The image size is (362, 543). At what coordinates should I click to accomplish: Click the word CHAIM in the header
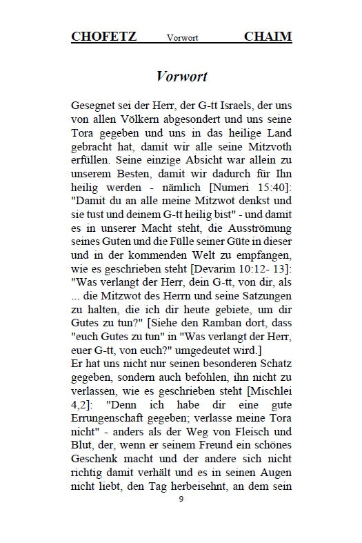tap(268, 37)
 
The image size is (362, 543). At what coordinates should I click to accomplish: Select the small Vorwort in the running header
tap(182, 38)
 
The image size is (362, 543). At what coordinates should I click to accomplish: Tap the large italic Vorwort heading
tap(181, 75)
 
